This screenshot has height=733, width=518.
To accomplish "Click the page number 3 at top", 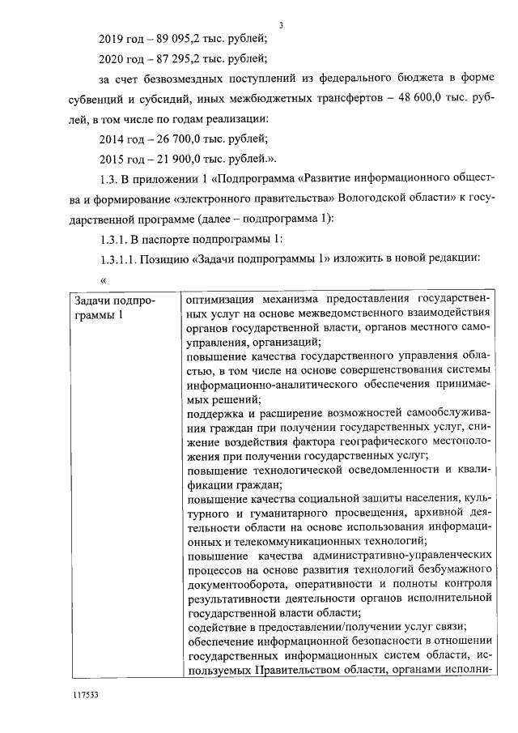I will point(280,25).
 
